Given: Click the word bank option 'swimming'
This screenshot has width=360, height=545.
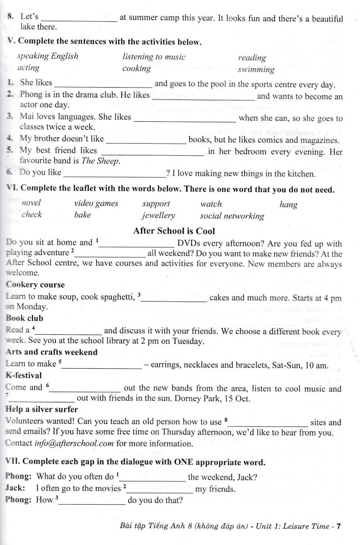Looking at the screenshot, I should [256, 69].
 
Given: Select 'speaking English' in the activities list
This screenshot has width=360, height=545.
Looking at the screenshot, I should [47, 56].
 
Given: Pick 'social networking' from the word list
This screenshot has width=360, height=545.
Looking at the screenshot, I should [232, 216].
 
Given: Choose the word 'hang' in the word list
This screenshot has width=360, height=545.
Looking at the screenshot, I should [288, 204].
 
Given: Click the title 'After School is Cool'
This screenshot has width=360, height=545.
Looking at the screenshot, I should [174, 231].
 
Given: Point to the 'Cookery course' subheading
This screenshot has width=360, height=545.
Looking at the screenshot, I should [35, 285].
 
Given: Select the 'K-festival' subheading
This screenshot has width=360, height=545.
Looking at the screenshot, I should [24, 375].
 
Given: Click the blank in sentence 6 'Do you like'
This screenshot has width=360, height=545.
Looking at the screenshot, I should [115, 174].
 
